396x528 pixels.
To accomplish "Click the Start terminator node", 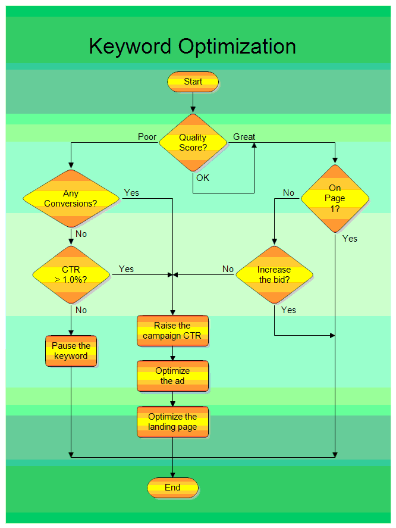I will [x=193, y=82].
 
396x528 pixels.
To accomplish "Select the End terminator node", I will [x=172, y=488].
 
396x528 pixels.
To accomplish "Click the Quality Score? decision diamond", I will [x=193, y=142].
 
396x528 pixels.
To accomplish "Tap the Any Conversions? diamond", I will [x=71, y=198].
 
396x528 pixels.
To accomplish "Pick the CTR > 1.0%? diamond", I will [x=71, y=274].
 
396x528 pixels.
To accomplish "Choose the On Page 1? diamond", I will [x=335, y=198].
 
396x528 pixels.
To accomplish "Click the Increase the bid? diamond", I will [x=274, y=274].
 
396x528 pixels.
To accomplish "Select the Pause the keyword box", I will [x=71, y=351].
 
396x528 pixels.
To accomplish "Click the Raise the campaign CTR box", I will [x=172, y=330].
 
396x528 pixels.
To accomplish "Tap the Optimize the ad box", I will [x=172, y=376].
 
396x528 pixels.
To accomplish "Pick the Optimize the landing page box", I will [x=172, y=421].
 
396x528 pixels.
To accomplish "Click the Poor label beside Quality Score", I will [x=147, y=137].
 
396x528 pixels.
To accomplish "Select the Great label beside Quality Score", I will [x=244, y=137].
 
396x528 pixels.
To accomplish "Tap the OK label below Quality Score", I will [x=203, y=177].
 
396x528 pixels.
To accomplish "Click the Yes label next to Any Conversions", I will [x=131, y=193].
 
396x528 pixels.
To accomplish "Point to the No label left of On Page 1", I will [x=288, y=193].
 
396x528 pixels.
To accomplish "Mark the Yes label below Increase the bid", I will [x=288, y=310].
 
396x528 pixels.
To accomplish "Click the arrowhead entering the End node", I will [x=172, y=474].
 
